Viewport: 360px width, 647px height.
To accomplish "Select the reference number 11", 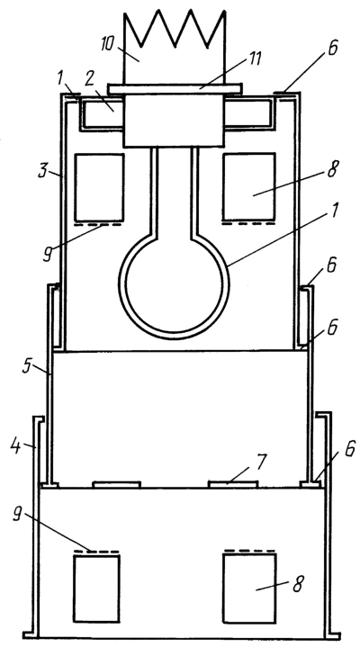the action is (x=255, y=58).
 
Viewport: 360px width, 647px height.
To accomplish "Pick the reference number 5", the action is (x=27, y=366).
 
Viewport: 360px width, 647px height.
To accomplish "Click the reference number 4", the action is (x=15, y=446).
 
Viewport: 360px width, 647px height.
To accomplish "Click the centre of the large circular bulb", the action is (x=174, y=285).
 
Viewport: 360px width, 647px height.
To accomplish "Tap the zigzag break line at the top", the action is (x=175, y=28).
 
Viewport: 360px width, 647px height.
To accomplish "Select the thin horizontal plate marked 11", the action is (x=175, y=89).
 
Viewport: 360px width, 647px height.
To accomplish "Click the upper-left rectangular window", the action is (x=99, y=188).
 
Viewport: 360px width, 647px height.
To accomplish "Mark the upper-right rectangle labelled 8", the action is (x=249, y=187).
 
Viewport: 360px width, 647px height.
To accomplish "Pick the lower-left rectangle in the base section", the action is (x=96, y=589).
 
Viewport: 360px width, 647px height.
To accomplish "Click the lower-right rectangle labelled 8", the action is (x=249, y=588).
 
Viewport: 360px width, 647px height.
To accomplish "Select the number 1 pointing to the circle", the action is (x=335, y=210).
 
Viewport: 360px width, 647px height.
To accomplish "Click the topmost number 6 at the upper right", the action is (x=332, y=48).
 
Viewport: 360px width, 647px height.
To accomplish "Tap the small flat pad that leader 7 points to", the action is (x=233, y=484).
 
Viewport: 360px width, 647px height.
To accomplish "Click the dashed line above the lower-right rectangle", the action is (x=249, y=551).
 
